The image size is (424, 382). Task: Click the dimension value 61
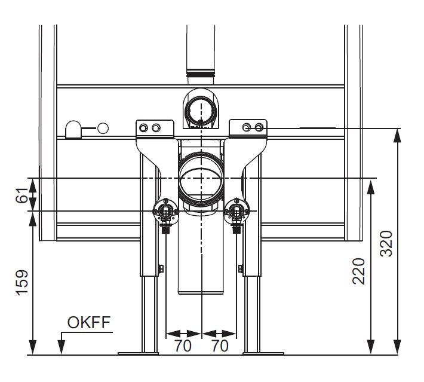tap(22, 195)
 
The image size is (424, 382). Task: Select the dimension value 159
tap(22, 282)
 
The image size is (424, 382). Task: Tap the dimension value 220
tap(359, 271)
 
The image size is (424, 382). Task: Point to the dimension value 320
tap(386, 243)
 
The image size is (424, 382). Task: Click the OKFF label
tap(89, 322)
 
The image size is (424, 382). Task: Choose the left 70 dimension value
tap(183, 346)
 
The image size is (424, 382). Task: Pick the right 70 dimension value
tap(220, 346)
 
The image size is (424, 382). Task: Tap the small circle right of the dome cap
tap(103, 129)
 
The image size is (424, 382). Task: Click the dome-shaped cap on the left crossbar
tap(73, 130)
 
